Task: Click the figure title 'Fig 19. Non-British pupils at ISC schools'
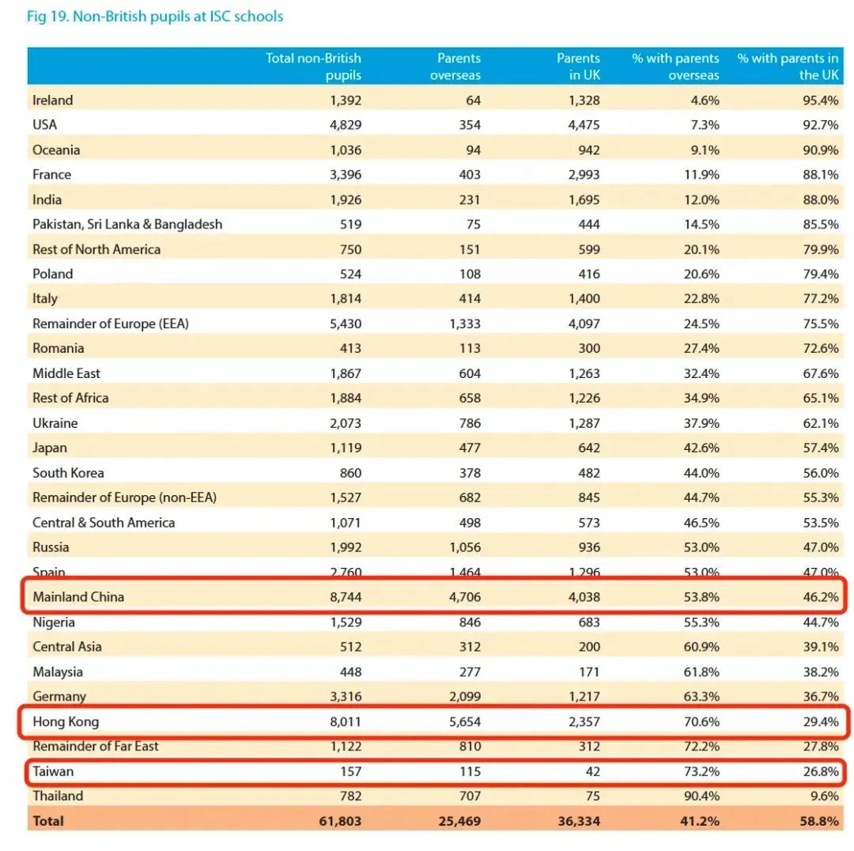(x=155, y=17)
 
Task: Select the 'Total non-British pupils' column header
(x=313, y=66)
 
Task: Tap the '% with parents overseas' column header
(x=675, y=66)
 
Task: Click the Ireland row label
(x=52, y=100)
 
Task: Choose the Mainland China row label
(x=78, y=596)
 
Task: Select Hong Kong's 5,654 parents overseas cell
(x=460, y=721)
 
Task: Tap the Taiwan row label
(x=53, y=770)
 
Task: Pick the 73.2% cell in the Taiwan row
(x=702, y=770)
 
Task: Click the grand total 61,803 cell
(x=340, y=821)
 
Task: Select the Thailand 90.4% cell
(x=702, y=796)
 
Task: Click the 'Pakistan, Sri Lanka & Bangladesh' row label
(x=127, y=224)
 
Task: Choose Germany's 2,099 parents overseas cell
(x=460, y=696)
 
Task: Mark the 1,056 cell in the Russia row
(x=460, y=547)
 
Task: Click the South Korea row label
(x=68, y=473)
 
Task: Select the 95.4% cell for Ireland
(x=821, y=100)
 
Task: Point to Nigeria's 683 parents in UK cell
(x=587, y=622)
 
